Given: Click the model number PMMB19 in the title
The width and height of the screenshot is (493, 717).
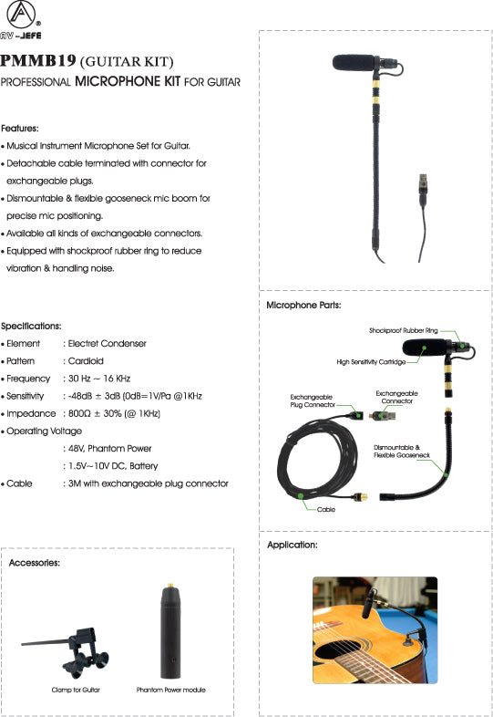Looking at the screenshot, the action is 38,62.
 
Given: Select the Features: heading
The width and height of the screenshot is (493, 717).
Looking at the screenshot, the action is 19,129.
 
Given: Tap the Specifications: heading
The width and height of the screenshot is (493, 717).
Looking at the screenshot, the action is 31,326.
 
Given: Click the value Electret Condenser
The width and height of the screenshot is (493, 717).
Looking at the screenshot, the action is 107,344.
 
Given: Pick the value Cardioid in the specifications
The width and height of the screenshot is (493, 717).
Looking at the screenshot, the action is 86,361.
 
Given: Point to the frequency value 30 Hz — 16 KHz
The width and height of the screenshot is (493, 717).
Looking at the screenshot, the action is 99,379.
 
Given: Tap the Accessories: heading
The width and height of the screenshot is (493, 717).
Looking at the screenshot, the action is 35,564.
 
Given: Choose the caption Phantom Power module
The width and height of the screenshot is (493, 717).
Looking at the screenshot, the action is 170,691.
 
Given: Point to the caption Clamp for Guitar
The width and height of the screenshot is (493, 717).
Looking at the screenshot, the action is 76,691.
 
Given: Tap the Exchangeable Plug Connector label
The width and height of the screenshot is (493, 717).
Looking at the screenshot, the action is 311,401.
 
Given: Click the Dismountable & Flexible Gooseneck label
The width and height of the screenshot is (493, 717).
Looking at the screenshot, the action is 397,452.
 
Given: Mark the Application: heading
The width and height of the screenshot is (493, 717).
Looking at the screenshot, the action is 292,545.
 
